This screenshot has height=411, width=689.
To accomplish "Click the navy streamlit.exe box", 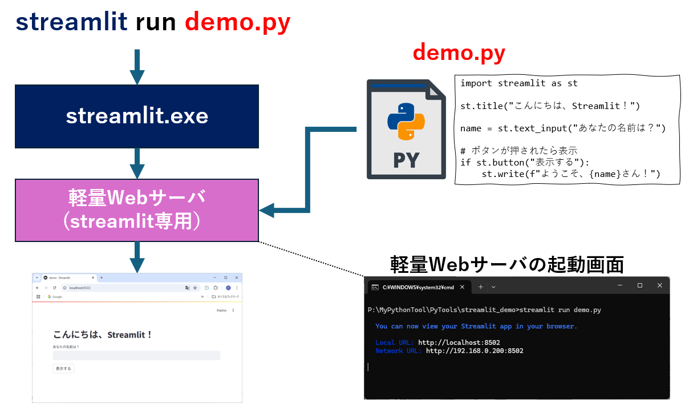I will [137, 116].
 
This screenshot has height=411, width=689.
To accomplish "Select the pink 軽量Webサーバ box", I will [137, 210].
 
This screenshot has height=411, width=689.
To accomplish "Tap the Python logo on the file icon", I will [406, 122].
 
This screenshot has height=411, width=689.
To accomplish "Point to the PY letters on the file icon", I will [406, 160].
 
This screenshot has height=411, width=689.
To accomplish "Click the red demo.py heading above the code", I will [459, 53].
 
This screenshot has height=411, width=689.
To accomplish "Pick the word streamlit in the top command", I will [71, 22].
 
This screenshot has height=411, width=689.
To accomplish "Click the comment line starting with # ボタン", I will [518, 151].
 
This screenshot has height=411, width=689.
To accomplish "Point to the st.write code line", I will [570, 174].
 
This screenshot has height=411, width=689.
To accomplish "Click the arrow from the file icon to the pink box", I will [308, 171].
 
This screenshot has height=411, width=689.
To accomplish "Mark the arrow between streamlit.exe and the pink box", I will [137, 164].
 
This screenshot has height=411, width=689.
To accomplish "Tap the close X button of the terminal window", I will [660, 285].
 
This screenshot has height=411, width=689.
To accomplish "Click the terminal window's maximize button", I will [639, 285].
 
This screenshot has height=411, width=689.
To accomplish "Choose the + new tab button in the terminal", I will [480, 287].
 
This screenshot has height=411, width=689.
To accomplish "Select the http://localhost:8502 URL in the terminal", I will [459, 342].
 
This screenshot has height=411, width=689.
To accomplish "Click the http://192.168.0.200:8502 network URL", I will [474, 351].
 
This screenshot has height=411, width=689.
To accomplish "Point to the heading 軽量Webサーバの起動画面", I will [507, 264].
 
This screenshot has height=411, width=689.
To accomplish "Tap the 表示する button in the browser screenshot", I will [63, 369].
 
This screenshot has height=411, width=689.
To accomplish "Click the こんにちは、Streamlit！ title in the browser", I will [103, 335].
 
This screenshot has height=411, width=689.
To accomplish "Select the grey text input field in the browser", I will [136, 356].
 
